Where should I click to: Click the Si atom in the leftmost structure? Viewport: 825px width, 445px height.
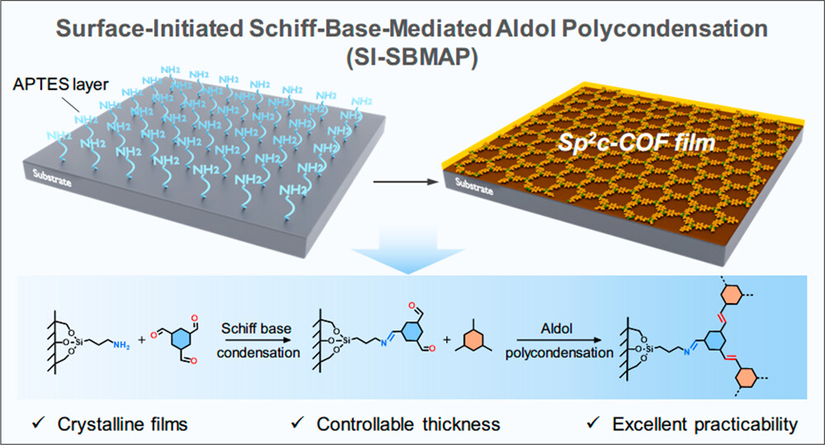coord(79,340)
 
